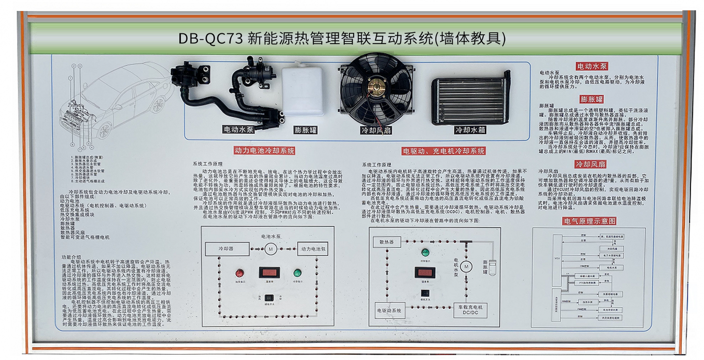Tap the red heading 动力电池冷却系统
coord(265,151)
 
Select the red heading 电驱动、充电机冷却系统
coord(444,151)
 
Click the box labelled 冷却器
coord(226,248)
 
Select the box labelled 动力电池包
coord(312,248)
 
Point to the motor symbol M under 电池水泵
coord(270,249)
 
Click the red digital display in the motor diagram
coord(425,273)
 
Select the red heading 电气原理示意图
coord(589,221)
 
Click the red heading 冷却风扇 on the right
coord(590,164)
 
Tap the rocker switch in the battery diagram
coord(269,298)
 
